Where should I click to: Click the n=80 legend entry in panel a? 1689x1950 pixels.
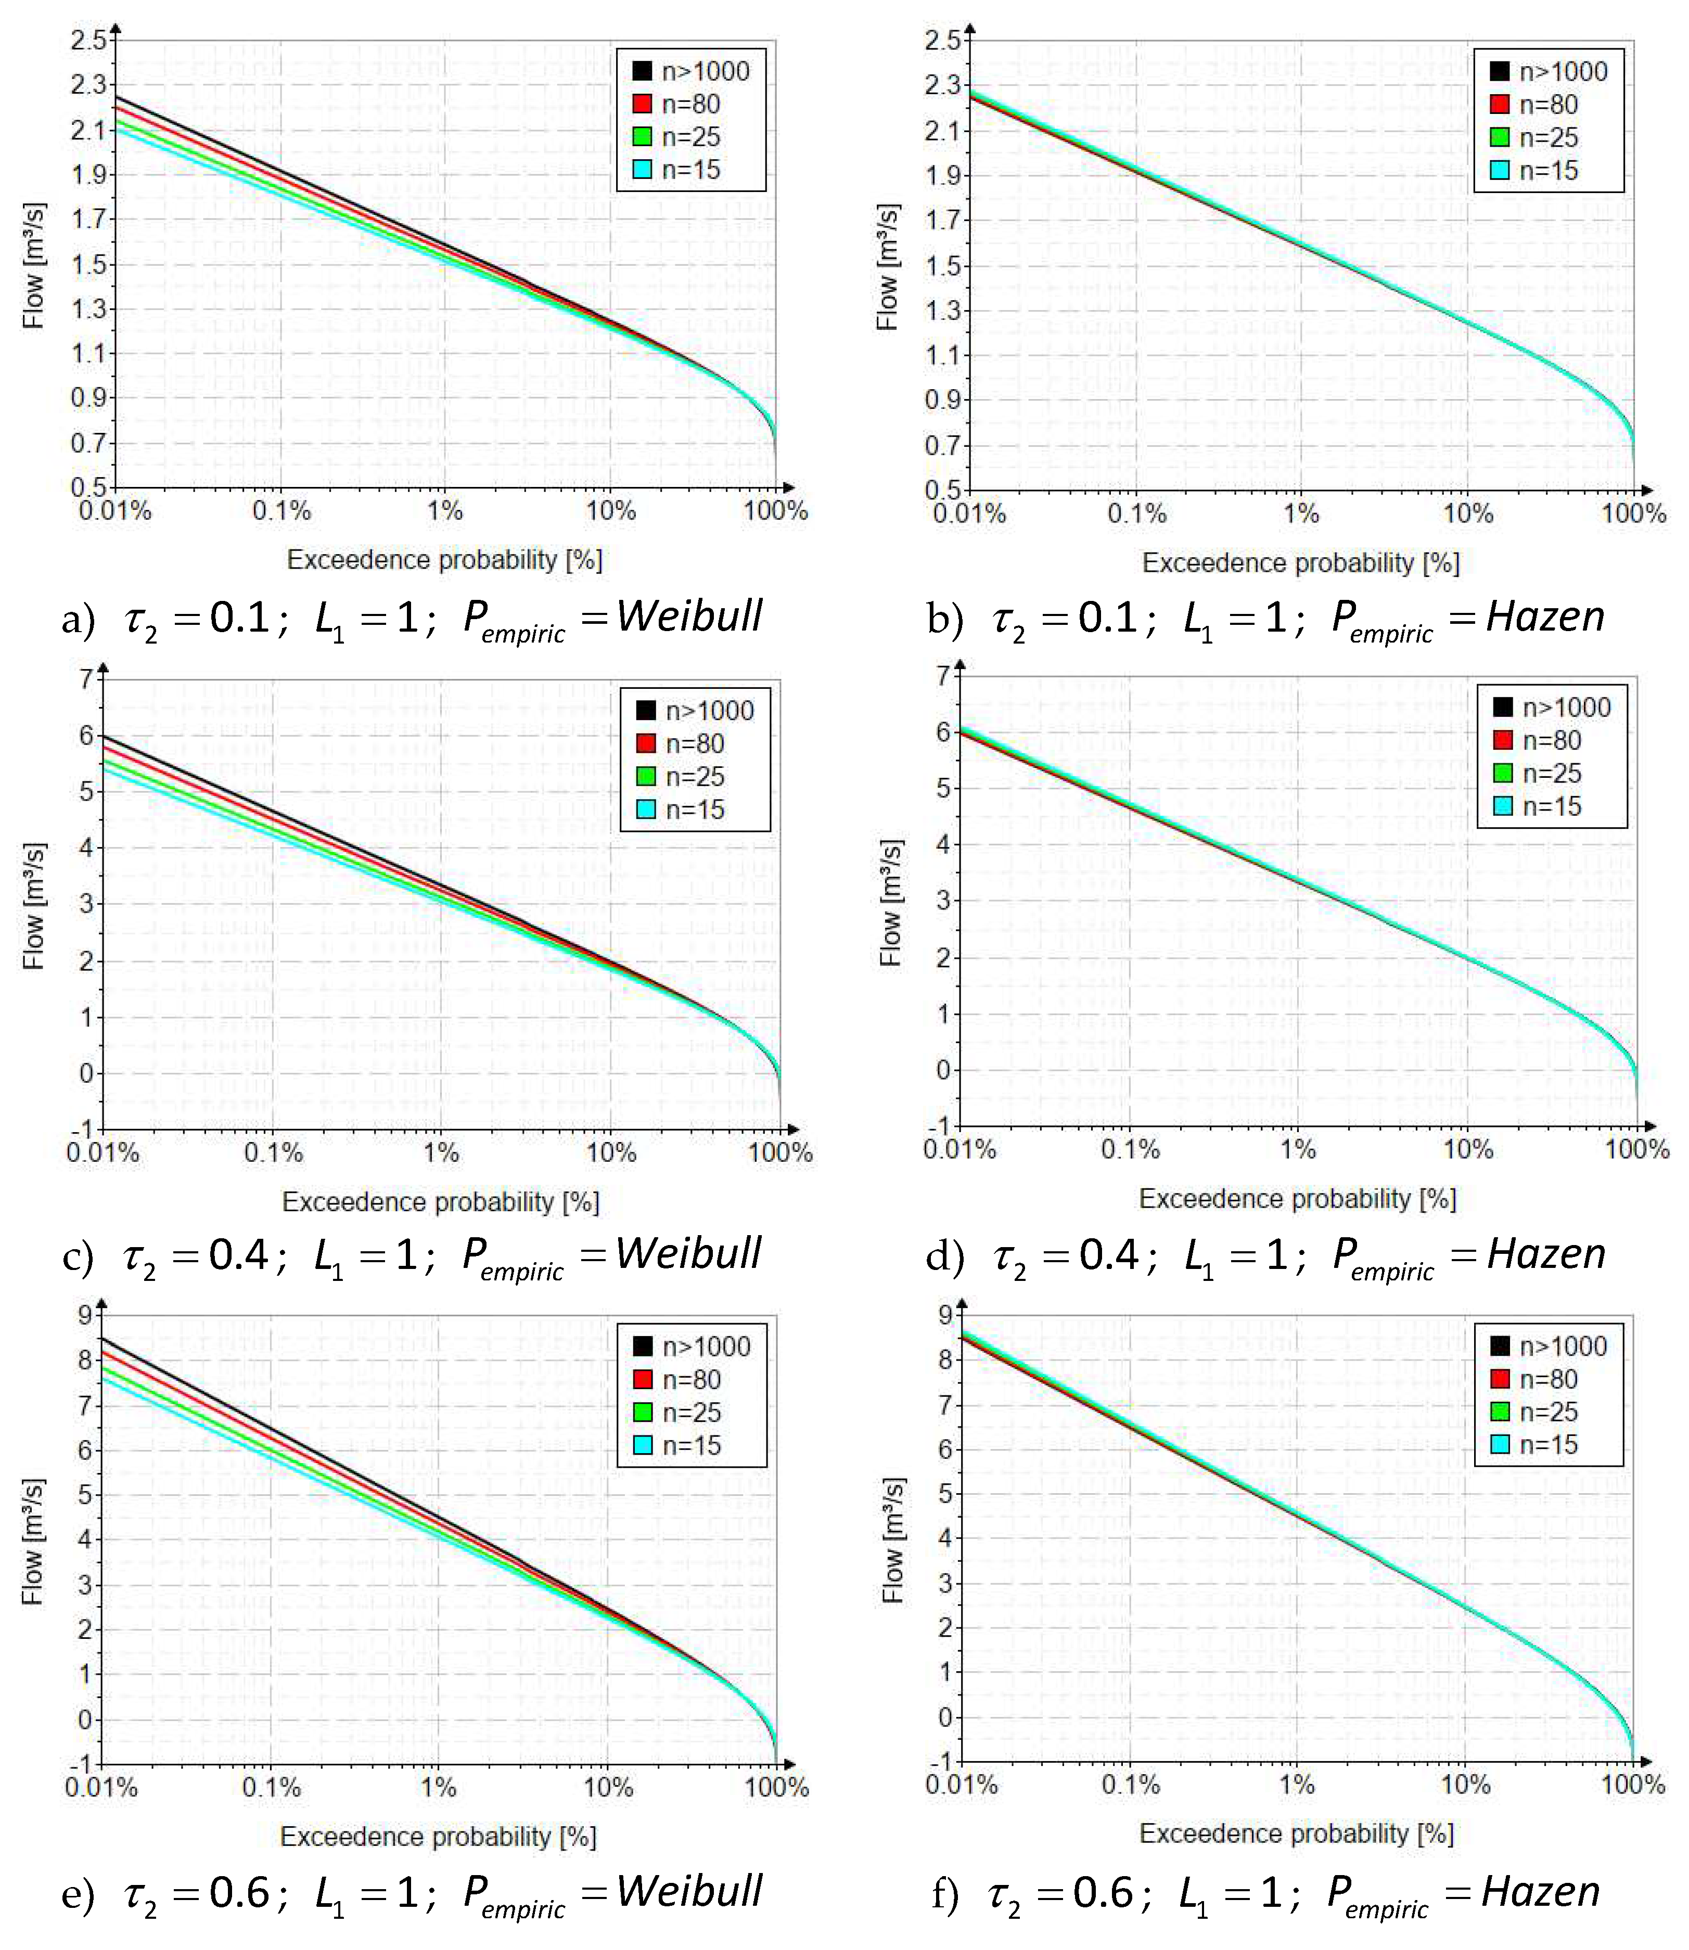(690, 104)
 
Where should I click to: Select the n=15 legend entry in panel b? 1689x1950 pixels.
(1547, 171)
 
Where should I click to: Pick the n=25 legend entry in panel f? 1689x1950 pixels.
(1547, 1412)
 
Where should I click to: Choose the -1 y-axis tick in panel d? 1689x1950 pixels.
(941, 1126)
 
